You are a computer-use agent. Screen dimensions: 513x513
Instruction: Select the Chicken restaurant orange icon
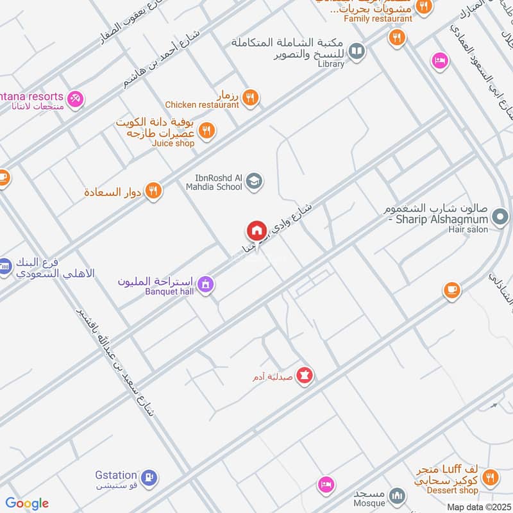point(251,97)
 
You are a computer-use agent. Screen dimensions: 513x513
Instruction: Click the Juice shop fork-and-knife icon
point(206,131)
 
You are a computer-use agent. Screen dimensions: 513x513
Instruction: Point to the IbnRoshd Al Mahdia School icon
point(255,181)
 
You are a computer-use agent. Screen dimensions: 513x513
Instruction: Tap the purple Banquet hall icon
point(205,283)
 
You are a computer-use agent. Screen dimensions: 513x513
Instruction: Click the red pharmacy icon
point(305,375)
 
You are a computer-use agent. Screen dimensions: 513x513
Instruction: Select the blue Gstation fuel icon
point(149,478)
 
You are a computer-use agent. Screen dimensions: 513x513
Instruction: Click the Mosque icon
point(398,496)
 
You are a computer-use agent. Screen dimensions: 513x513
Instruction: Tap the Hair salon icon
point(500,219)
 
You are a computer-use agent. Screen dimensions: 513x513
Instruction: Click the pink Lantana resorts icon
point(75,99)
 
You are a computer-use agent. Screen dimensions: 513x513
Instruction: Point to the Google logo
point(27,503)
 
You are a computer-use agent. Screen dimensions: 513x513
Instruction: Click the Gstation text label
point(115,475)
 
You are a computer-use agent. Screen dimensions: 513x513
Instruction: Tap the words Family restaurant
point(378,19)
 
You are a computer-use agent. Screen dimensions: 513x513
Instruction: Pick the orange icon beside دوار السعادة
point(153,190)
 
